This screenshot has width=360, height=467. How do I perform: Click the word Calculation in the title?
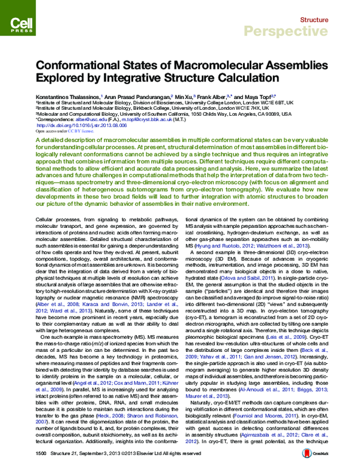pyautogui.click(x=213, y=78)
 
